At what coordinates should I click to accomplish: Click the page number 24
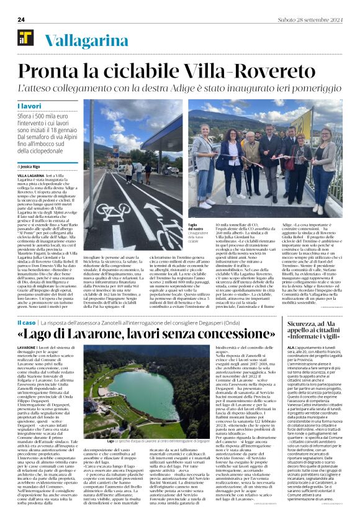21,19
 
